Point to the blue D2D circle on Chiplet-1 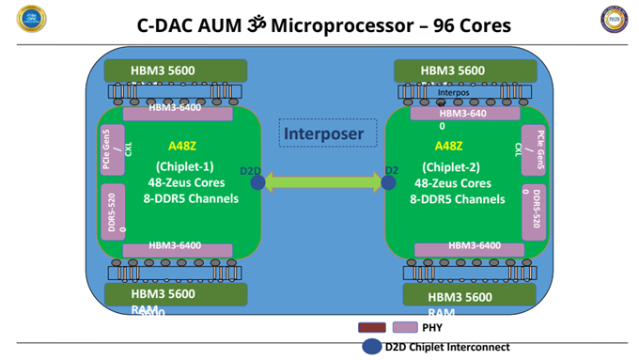pyautogui.click(x=257, y=182)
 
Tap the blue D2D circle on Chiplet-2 pyautogui.click(x=387, y=182)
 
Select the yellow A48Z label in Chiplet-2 pyautogui.click(x=450, y=146)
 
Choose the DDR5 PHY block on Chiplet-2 pyautogui.click(x=532, y=210)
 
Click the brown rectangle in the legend pyautogui.click(x=373, y=327)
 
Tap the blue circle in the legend pyautogui.click(x=371, y=347)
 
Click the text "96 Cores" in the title pyautogui.click(x=466, y=24)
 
